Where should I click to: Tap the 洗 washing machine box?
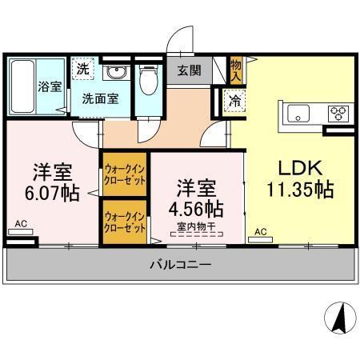click(x=84, y=70)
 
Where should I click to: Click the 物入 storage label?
click(x=236, y=70)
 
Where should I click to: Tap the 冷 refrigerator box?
click(x=235, y=102)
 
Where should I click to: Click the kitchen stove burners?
click(x=338, y=113)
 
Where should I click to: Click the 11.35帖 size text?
click(x=299, y=191)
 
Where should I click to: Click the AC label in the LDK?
click(x=260, y=232)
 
